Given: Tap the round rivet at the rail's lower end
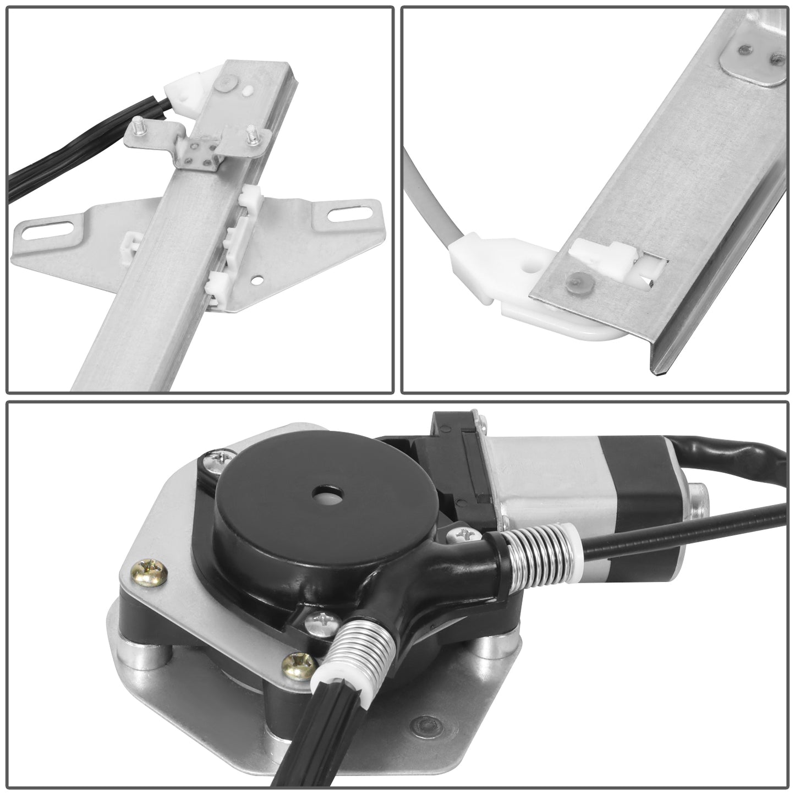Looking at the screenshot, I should pos(573,280).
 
